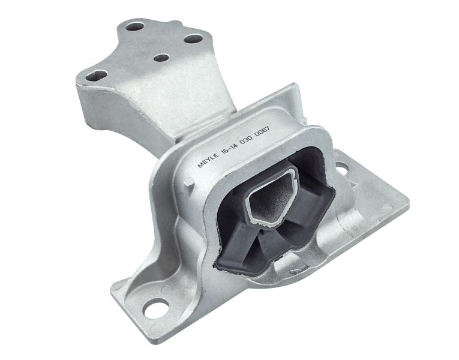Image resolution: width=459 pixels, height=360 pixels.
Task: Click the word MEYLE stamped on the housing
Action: (208, 160)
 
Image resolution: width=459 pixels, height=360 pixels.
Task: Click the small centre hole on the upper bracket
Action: (161, 58)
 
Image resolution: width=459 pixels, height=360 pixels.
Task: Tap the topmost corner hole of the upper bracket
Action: (135, 26)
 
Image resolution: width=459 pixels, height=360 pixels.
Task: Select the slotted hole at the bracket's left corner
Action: (97, 76)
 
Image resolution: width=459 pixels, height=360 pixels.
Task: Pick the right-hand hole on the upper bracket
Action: (194, 38)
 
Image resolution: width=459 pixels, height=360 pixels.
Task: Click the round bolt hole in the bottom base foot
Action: (157, 308)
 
